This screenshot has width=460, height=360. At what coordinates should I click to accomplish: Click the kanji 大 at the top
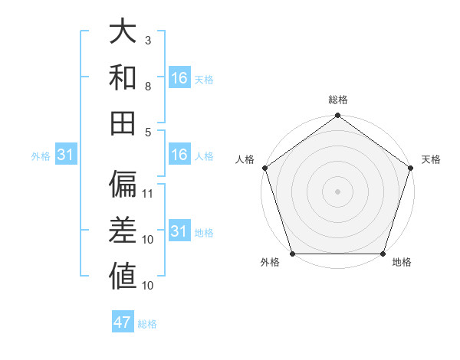pos(123,33)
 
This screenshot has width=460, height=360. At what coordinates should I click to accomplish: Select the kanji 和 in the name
pos(123,77)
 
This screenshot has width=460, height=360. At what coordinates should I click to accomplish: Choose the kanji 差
pos(123,230)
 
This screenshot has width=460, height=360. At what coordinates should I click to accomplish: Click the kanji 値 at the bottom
pos(123,275)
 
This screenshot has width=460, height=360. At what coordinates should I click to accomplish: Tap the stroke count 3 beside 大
pos(148,39)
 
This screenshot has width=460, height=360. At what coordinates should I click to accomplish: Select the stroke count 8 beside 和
pos(148,87)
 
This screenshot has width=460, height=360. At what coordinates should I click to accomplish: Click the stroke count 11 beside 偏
pos(149,192)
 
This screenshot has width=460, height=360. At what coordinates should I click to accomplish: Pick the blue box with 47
pos(123,322)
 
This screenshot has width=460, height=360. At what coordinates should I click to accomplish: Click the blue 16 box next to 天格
pos(179,78)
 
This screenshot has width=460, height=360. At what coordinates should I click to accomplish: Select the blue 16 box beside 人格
pos(179,155)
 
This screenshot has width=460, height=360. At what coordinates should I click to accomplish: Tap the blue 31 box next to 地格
pos(179,231)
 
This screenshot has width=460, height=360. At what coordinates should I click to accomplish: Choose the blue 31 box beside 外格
pos(65,155)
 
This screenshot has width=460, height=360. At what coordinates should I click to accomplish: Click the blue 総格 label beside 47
pos(147,324)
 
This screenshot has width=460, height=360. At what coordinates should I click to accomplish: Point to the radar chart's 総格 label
pos(338,100)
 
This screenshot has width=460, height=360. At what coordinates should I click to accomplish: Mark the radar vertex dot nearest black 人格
pos(264,168)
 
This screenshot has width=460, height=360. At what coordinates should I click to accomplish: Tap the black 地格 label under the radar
pos(402,263)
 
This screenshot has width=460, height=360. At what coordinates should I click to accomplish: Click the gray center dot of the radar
pos(338,191)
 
